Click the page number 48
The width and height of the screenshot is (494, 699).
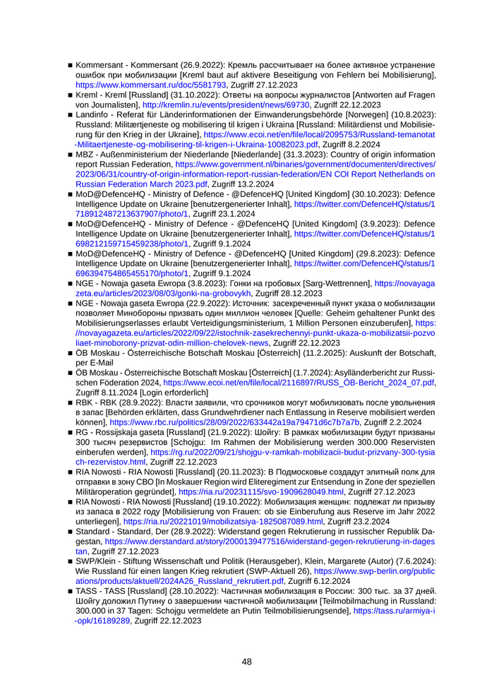246,662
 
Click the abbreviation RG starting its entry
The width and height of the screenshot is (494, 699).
83,431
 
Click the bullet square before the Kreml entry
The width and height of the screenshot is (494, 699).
70,95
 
